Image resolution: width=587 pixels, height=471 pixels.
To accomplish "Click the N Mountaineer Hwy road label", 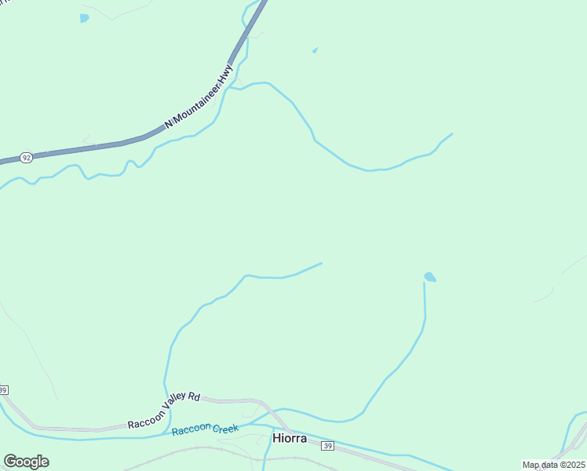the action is [x=199, y=97].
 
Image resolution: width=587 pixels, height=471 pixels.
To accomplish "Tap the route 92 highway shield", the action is [x=27, y=158].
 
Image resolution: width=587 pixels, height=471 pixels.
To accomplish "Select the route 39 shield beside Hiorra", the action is [x=327, y=446].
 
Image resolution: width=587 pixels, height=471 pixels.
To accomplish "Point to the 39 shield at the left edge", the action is [x=3, y=390].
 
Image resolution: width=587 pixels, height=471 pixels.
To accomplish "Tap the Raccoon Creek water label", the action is [x=205, y=429].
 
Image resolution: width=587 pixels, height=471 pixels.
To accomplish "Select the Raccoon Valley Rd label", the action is [x=164, y=411].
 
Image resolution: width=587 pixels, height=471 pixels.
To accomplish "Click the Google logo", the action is [x=26, y=462].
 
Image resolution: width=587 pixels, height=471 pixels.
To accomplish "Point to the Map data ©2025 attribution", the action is [x=553, y=465].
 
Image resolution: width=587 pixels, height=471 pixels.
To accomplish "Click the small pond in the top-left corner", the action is [x=84, y=17].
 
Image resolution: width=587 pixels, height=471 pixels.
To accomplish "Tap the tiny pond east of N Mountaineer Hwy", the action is [x=315, y=51].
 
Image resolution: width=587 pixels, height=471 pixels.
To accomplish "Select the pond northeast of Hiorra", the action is [x=430, y=277].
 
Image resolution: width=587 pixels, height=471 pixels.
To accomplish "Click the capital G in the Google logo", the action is [x=10, y=462].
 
